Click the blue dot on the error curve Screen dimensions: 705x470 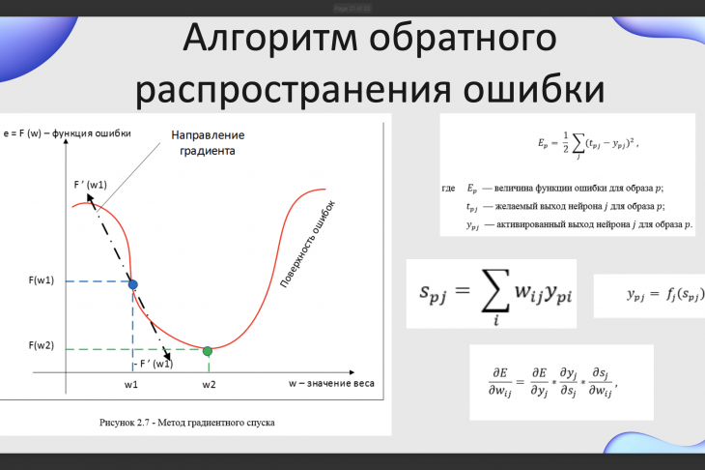click(x=132, y=284)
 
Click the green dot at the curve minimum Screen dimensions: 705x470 click(x=208, y=351)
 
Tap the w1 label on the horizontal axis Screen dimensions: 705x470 click(x=131, y=385)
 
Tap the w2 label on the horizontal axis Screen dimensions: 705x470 click(x=209, y=385)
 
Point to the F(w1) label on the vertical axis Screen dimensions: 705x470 click(x=42, y=280)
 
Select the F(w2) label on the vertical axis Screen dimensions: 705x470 click(x=42, y=346)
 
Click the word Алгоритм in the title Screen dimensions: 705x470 click(x=270, y=39)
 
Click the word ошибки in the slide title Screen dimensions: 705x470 click(x=534, y=89)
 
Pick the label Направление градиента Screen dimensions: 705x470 click(x=208, y=143)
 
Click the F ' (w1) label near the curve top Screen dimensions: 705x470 click(x=91, y=185)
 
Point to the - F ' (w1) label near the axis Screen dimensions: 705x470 click(x=154, y=364)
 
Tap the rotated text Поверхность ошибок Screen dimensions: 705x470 click(x=307, y=245)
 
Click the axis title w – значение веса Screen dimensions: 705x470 click(x=331, y=384)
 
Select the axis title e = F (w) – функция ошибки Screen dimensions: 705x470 click(x=67, y=133)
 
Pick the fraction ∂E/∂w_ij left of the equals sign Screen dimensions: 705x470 click(x=500, y=382)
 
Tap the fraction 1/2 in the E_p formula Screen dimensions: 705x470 click(x=566, y=143)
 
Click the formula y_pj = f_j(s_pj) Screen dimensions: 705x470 click(x=665, y=295)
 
